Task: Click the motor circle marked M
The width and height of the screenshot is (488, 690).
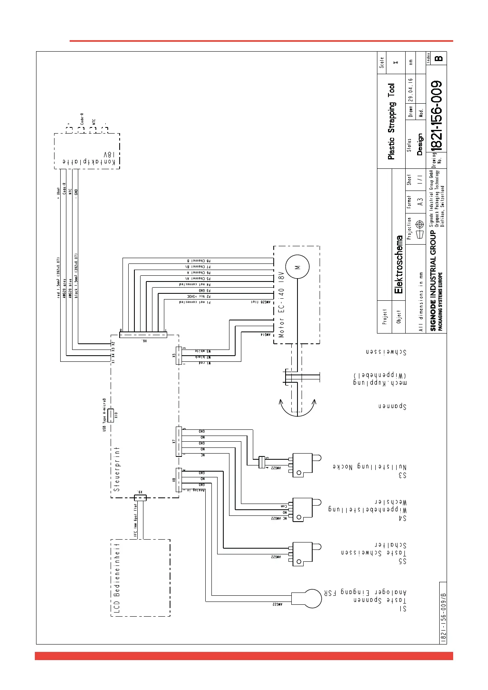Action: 297,267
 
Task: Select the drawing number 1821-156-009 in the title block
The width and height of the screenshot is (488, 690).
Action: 437,116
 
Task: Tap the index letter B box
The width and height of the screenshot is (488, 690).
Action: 439,58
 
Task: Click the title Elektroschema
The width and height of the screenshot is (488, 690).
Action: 399,264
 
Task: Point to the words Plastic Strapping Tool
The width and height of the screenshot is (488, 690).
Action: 392,121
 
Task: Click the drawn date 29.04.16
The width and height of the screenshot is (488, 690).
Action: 411,90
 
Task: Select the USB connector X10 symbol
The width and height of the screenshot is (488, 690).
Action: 110,415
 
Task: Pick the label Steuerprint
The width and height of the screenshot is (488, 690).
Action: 117,469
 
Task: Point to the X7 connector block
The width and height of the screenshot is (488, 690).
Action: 179,441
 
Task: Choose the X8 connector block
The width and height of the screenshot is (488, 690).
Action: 179,479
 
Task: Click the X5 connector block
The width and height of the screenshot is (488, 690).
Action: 179,355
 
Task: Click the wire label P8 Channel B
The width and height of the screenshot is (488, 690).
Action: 199,261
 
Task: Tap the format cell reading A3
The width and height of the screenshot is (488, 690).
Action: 420,202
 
